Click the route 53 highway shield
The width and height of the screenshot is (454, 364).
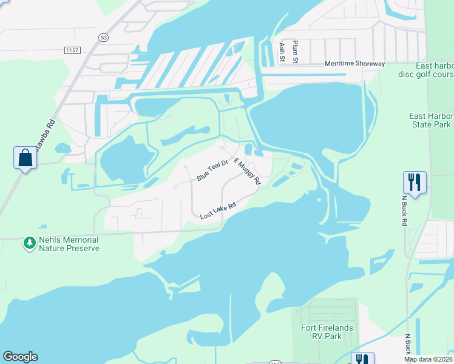pyautogui.click(x=104, y=38)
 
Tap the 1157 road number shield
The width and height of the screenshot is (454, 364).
pyautogui.click(x=72, y=49)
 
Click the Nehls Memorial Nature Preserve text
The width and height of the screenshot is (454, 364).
pyautogui.click(x=69, y=244)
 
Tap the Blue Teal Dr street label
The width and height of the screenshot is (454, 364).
pyautogui.click(x=212, y=170)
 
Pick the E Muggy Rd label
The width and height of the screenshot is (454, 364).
pyautogui.click(x=248, y=172)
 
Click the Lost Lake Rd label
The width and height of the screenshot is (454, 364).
pyautogui.click(x=218, y=211)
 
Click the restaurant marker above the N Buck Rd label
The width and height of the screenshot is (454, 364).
pyautogui.click(x=415, y=182)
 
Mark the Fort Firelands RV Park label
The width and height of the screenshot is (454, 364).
pyautogui.click(x=327, y=332)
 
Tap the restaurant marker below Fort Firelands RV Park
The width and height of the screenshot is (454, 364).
pyautogui.click(x=363, y=358)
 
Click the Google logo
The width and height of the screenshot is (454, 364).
pyautogui.click(x=20, y=357)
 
